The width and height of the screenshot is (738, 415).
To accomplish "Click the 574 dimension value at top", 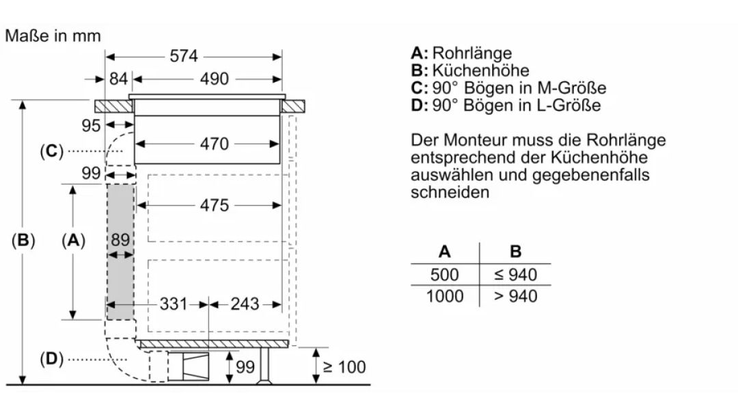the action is click(184, 57).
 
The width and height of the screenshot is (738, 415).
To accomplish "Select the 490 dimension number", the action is click(214, 79).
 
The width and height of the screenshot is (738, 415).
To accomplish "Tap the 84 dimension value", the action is click(118, 79).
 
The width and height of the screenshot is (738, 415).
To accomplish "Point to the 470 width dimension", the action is click(214, 144).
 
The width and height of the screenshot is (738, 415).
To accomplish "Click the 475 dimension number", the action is click(214, 205).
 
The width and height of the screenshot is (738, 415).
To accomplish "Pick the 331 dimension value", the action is click(174, 304).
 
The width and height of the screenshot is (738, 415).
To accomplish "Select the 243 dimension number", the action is click(245, 304).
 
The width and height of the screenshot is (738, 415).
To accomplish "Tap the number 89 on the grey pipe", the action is click(120, 240).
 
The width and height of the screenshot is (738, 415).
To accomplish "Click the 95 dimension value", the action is click(91, 126).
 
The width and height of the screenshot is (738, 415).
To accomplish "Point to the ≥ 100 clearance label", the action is click(344, 367).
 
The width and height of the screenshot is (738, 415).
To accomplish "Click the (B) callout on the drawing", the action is click(23, 240).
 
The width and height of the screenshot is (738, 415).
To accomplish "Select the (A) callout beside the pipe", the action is click(73, 240).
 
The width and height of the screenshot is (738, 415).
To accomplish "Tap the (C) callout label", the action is click(51, 151).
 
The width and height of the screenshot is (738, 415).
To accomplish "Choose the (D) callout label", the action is click(51, 359).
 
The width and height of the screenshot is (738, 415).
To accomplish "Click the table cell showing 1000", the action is click(444, 296).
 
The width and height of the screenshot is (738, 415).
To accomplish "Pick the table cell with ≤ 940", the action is click(515, 275).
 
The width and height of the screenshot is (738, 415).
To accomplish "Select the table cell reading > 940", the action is click(515, 296).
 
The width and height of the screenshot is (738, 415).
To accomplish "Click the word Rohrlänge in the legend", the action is click(471, 53).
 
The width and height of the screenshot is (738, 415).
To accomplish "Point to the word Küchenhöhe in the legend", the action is click(480, 70).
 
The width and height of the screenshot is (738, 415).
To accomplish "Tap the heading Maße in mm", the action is click(53, 36).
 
